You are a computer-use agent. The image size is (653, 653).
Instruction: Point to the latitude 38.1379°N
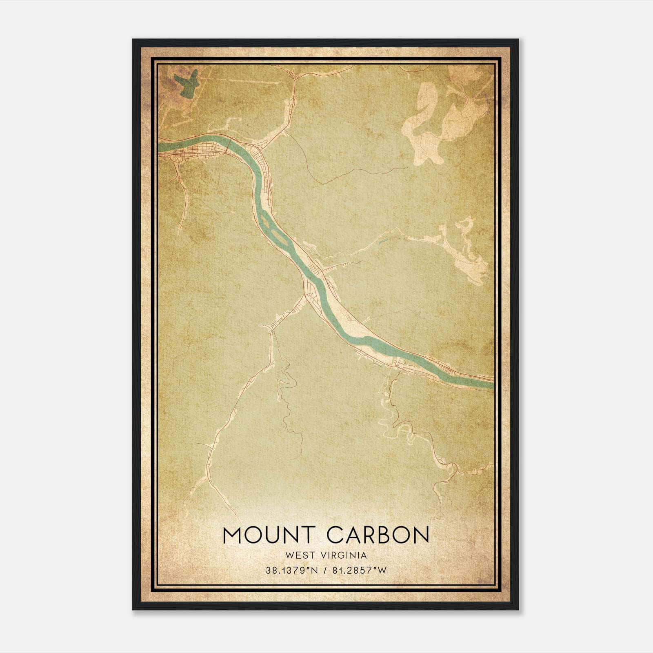click(291, 571)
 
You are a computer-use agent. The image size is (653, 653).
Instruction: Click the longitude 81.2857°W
click(359, 571)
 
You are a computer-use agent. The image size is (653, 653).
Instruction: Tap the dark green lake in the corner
click(186, 83)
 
